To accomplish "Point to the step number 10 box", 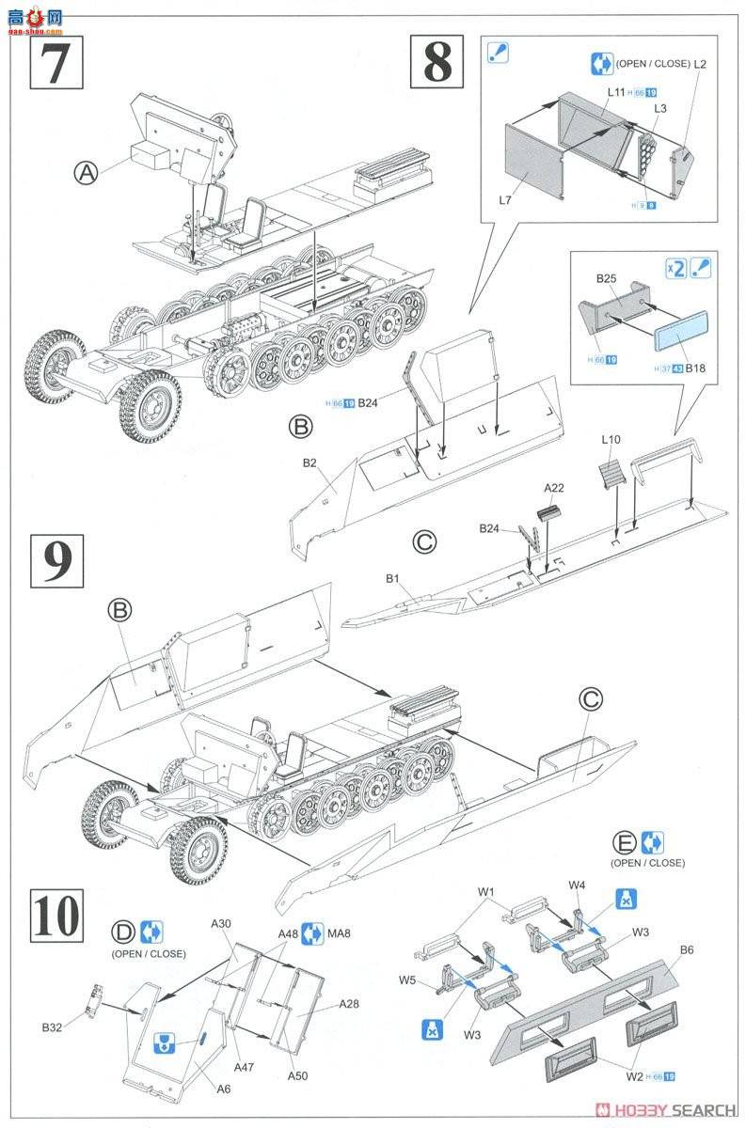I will [56, 915].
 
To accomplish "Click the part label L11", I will [616, 92].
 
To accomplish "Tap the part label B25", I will [606, 279].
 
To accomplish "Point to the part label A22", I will [555, 489].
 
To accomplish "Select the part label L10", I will [611, 440].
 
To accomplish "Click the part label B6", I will [686, 951].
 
